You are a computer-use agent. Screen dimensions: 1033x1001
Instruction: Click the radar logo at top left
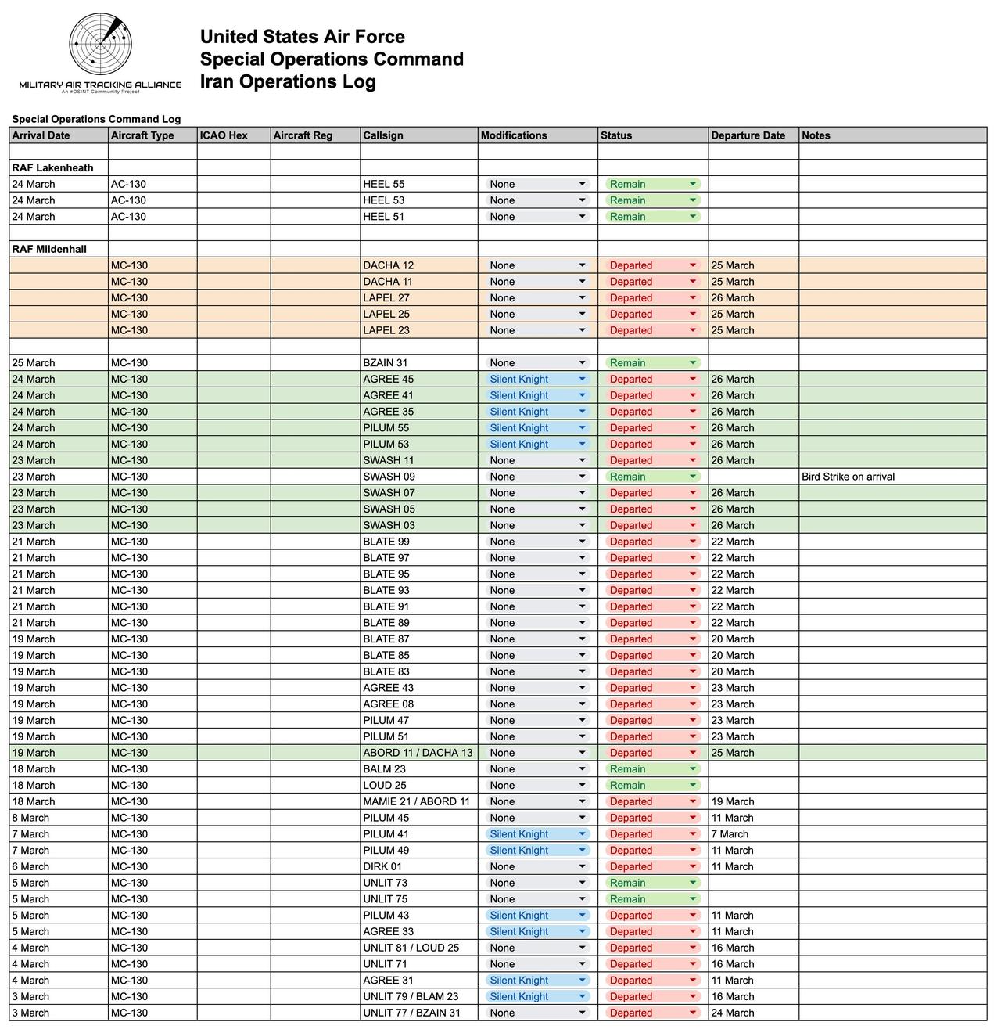[100, 44]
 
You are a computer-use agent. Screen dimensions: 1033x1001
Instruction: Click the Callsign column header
[383, 135]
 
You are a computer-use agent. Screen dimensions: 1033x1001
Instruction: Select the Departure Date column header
[748, 135]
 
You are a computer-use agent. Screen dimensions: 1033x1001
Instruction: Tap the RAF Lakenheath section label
[52, 167]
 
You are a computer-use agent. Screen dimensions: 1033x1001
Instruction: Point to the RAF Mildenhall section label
[49, 249]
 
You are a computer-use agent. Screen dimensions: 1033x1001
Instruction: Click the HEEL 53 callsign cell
[384, 200]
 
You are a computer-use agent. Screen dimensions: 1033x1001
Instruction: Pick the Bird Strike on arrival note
[848, 477]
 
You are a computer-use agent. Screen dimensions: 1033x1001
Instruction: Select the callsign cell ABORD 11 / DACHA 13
[418, 753]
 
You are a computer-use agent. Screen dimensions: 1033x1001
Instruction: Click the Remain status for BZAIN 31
[651, 363]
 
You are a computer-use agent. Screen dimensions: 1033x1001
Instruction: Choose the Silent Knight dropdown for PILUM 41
[536, 834]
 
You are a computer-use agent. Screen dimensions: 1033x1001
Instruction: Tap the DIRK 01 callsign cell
[382, 866]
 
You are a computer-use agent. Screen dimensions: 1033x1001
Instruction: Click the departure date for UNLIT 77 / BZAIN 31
[733, 1013]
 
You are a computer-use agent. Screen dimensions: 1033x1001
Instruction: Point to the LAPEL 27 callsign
[386, 298]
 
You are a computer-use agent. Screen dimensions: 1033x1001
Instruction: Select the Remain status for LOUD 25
[651, 786]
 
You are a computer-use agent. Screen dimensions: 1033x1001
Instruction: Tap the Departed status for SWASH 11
[651, 460]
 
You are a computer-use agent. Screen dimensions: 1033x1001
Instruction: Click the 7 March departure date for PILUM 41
[730, 834]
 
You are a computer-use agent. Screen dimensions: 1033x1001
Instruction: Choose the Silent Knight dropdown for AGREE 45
[536, 380]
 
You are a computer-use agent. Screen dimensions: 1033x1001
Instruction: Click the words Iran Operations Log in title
[288, 81]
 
